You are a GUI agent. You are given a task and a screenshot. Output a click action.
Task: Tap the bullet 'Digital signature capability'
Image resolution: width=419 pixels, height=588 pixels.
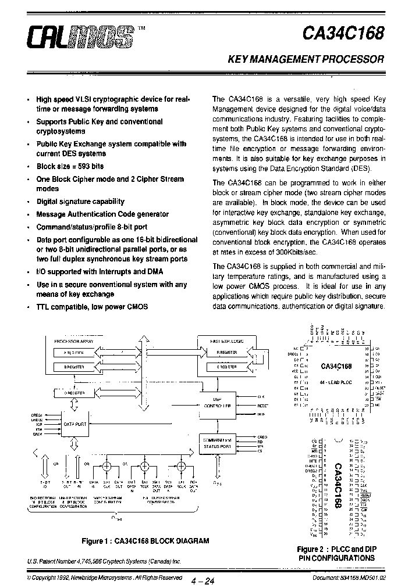point(80,202)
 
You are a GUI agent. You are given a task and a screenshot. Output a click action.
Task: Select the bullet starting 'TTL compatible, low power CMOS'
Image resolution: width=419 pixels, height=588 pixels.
point(92,306)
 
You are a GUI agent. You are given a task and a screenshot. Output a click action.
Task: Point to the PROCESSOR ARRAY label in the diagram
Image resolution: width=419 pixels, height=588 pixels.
point(74,343)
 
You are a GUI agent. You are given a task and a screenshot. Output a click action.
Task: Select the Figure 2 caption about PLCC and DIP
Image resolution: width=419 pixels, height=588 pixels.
point(336,553)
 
